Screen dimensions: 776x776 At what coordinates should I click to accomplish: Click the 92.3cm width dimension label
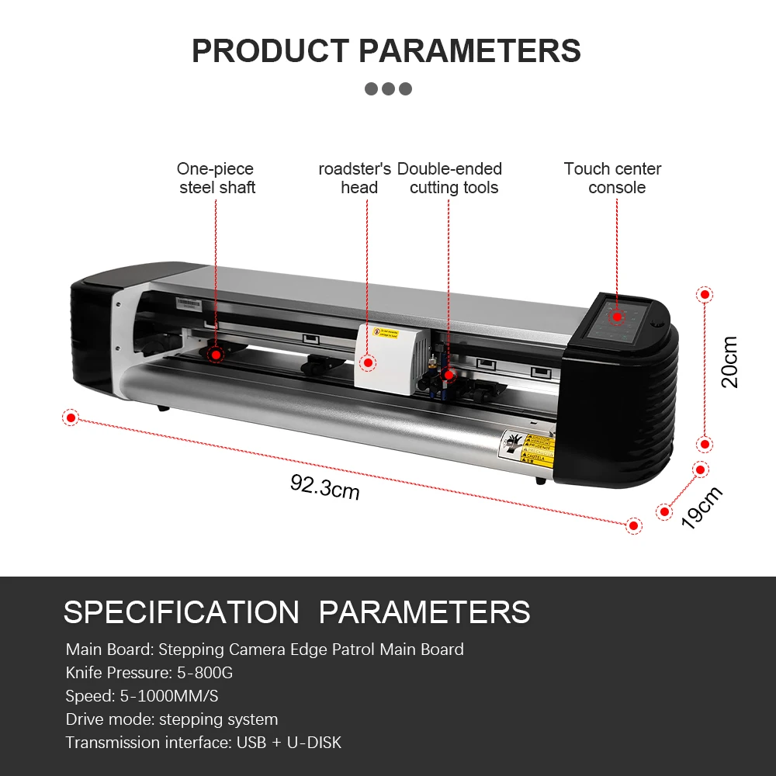pyautogui.click(x=325, y=487)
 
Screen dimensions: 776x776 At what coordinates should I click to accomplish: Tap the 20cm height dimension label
pyautogui.click(x=729, y=362)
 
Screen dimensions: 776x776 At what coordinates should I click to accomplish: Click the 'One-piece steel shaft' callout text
pyautogui.click(x=217, y=178)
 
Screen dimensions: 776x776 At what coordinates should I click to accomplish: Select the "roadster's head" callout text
pyautogui.click(x=355, y=178)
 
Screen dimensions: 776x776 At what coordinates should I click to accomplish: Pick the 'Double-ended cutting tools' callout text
pyautogui.click(x=450, y=178)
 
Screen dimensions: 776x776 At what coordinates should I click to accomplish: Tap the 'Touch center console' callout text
pyautogui.click(x=614, y=178)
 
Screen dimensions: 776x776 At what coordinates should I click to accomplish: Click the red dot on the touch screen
pyautogui.click(x=617, y=317)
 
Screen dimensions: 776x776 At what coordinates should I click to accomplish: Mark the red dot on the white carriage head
pyautogui.click(x=369, y=362)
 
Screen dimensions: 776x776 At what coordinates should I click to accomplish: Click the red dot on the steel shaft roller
pyautogui.click(x=216, y=354)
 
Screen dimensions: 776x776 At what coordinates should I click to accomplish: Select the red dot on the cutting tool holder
pyautogui.click(x=448, y=375)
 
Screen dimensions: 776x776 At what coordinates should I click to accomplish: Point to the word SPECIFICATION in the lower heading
pyautogui.click(x=181, y=612)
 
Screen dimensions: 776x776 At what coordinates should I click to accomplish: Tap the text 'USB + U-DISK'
pyautogui.click(x=289, y=742)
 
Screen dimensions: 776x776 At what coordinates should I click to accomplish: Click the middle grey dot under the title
pyautogui.click(x=388, y=88)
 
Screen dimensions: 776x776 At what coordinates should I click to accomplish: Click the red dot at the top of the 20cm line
pyautogui.click(x=705, y=295)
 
